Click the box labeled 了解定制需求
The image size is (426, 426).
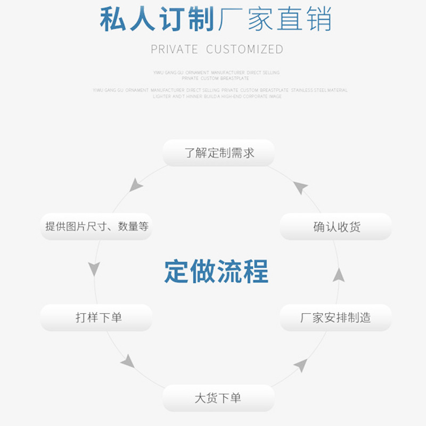click(x=218, y=153)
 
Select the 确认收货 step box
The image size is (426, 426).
click(x=336, y=227)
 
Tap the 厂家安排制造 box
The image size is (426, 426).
click(x=336, y=318)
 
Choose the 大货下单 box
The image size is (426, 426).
click(x=218, y=398)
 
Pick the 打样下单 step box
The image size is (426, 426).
click(x=96, y=318)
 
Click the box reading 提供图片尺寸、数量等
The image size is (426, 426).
click(x=96, y=227)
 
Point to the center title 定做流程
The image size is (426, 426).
click(x=216, y=272)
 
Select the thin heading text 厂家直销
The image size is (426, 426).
click(x=274, y=20)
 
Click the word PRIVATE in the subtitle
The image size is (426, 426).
click(x=174, y=50)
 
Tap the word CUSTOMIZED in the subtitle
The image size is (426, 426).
click(x=244, y=50)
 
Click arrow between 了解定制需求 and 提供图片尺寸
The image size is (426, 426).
click(x=136, y=185)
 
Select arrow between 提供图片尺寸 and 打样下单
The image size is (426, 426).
click(x=94, y=268)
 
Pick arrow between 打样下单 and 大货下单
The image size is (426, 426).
click(x=128, y=362)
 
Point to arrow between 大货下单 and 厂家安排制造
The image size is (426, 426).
click(x=301, y=365)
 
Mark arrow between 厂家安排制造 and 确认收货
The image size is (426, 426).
click(x=339, y=275)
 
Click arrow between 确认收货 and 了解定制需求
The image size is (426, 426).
click(x=301, y=187)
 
